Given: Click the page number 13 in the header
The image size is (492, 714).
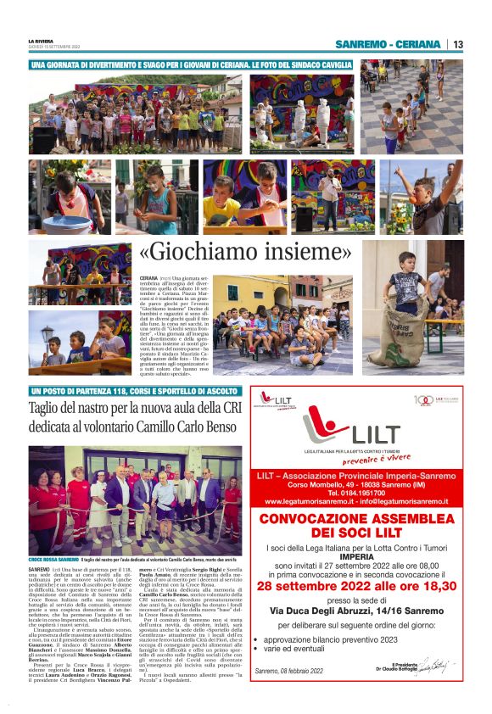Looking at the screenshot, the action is pyautogui.click(x=457, y=44).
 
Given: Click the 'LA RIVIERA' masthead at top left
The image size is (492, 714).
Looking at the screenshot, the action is pyautogui.click(x=41, y=41).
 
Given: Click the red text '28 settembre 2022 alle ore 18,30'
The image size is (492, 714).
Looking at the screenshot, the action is pyautogui.click(x=360, y=583).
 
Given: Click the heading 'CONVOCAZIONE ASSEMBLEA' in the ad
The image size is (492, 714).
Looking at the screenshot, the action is pyautogui.click(x=360, y=519).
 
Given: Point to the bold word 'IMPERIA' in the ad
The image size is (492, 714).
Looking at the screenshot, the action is pyautogui.click(x=360, y=568).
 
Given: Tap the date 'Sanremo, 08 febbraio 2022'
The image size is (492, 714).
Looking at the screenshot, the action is pyautogui.click(x=290, y=672).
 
